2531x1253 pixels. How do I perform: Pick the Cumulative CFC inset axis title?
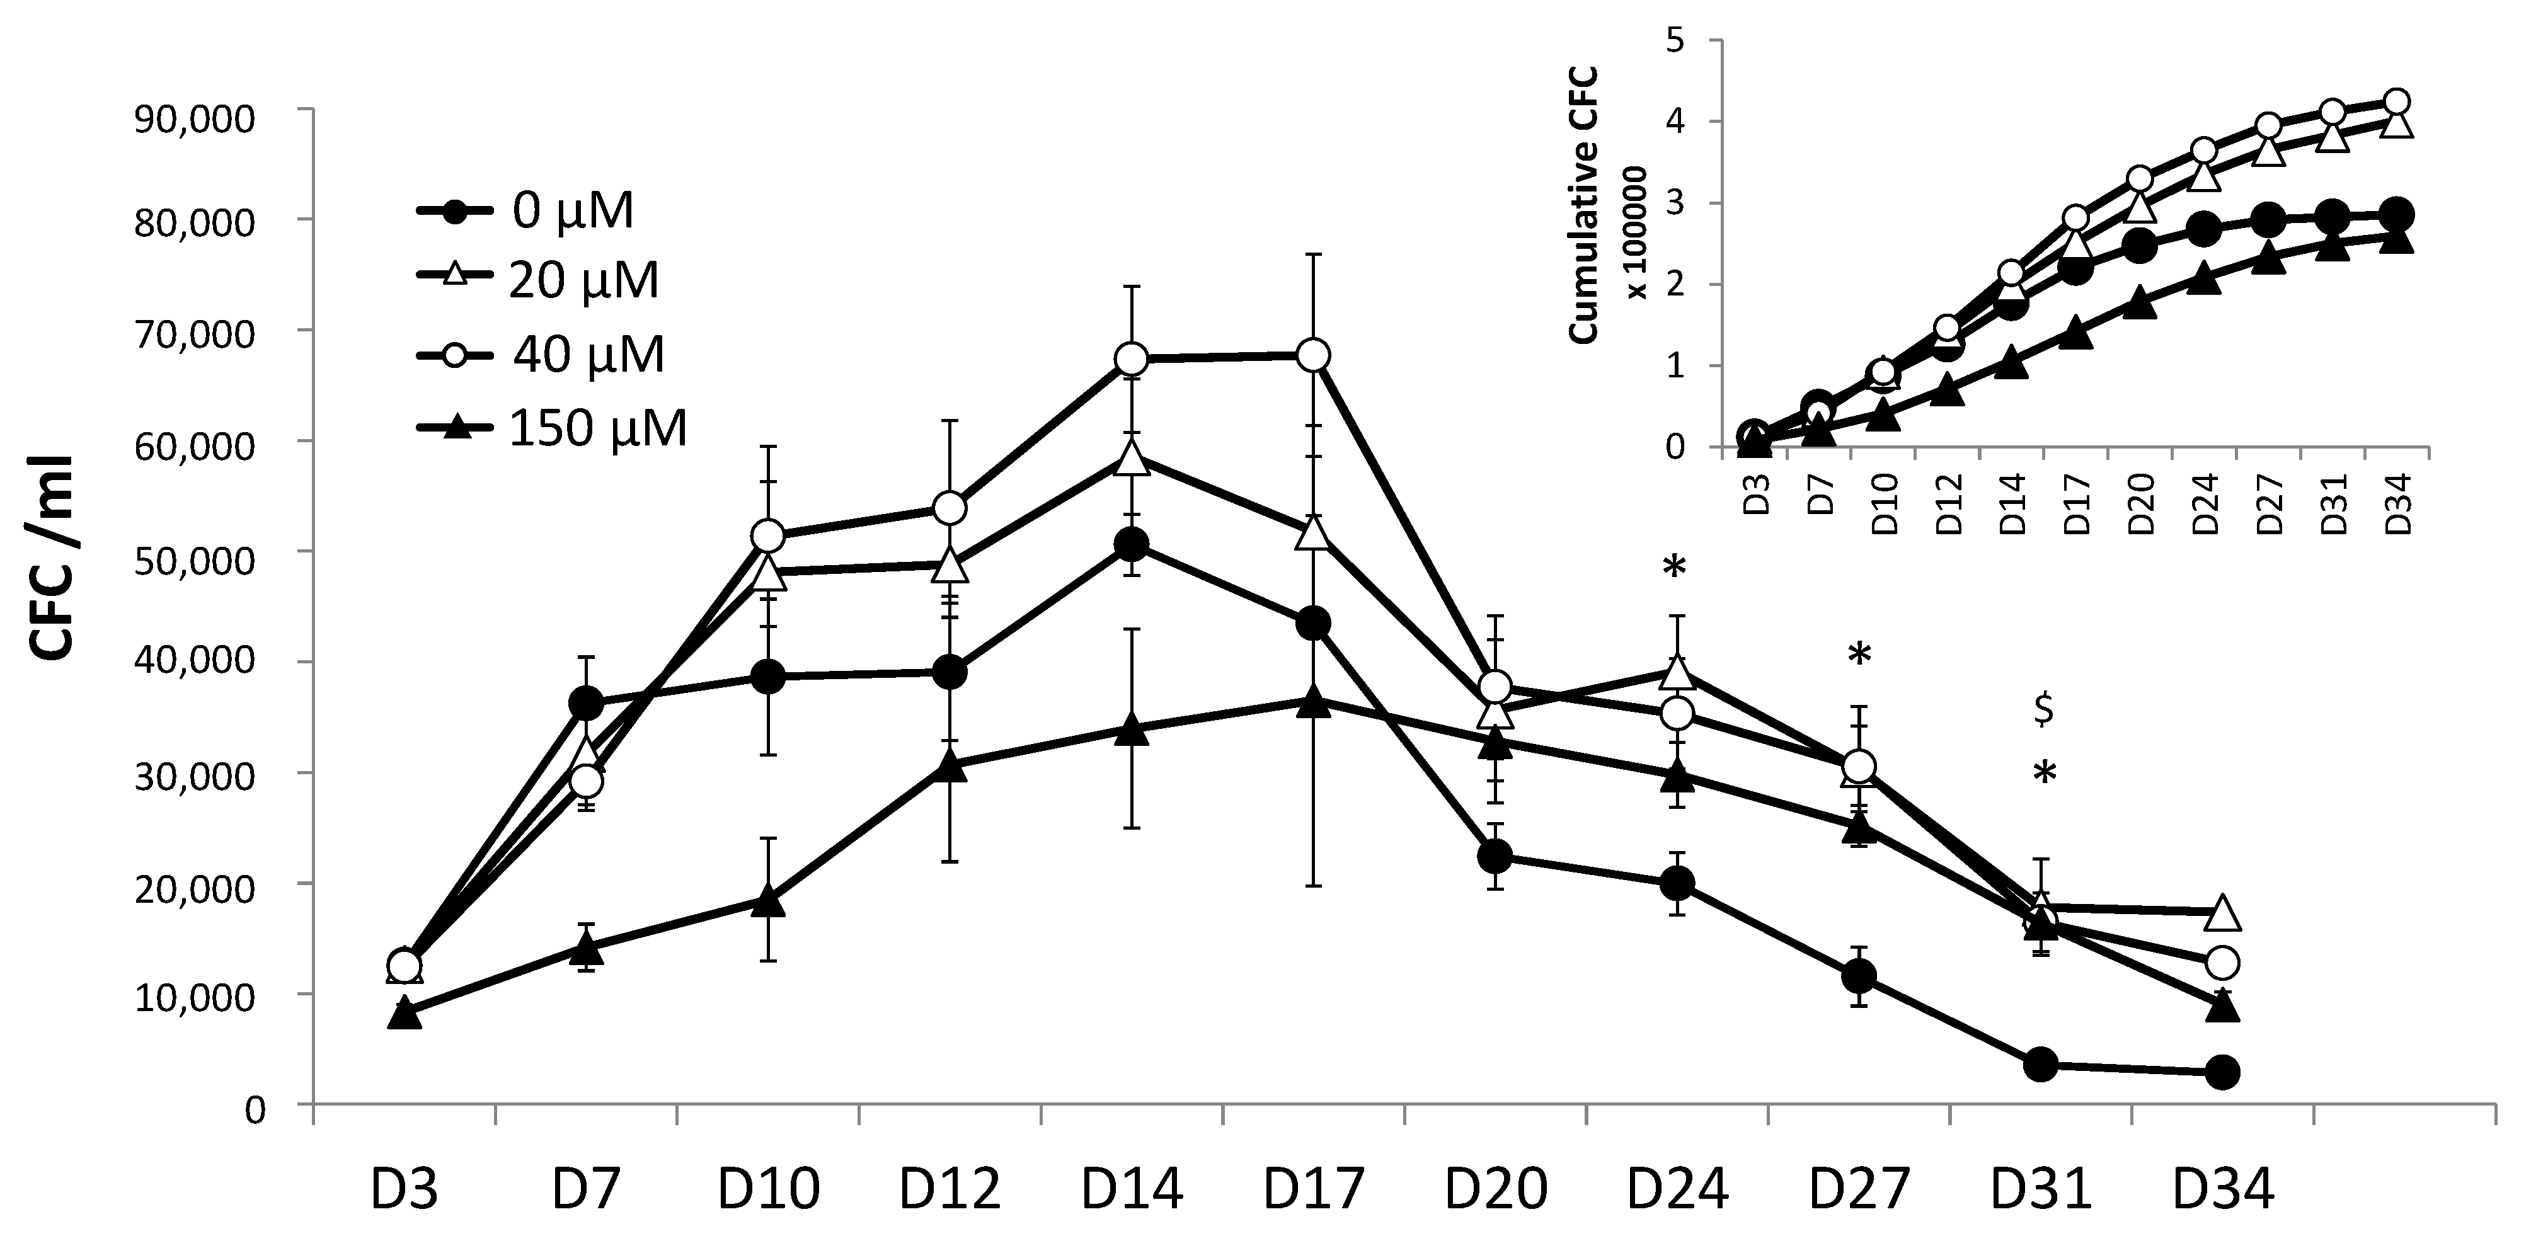click(x=1582, y=204)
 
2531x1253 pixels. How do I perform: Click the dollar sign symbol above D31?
click(x=2043, y=709)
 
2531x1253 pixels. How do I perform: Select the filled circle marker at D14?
click(x=1132, y=544)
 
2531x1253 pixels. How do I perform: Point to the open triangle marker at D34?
click(x=2222, y=912)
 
